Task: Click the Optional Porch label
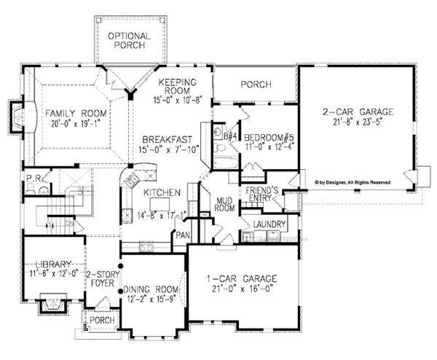pyautogui.click(x=128, y=42)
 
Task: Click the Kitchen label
pyautogui.click(x=162, y=192)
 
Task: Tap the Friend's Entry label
pyautogui.click(x=268, y=194)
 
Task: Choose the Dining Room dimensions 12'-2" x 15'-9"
pyautogui.click(x=150, y=298)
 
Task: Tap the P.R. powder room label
pyautogui.click(x=32, y=177)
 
